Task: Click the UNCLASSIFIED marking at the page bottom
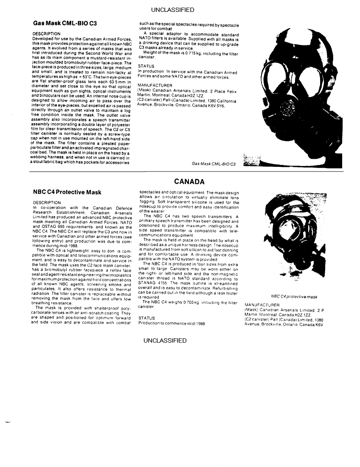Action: click(x=165, y=340)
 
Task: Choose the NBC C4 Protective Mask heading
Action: click(x=67, y=192)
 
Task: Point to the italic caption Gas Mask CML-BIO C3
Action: click(x=214, y=163)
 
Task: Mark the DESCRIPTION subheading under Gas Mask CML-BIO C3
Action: click(x=46, y=34)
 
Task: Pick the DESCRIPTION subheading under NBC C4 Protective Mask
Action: click(x=46, y=203)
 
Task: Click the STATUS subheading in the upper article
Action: click(x=146, y=66)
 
